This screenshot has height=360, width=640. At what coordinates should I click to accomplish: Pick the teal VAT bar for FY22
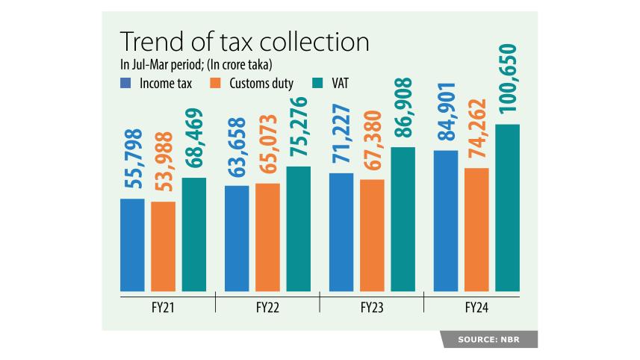click(x=298, y=229)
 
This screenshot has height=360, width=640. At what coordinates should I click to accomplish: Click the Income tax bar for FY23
click(x=341, y=232)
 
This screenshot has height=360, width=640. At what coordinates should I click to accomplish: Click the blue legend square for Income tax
click(x=125, y=82)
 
